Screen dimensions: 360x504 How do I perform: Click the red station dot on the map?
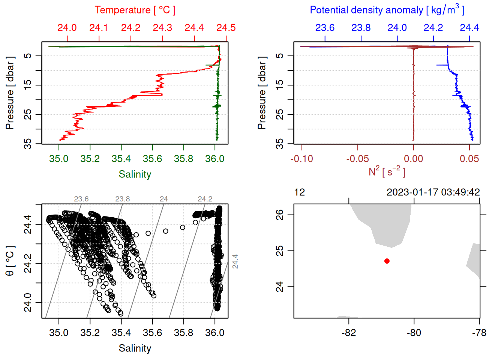click(x=387, y=261)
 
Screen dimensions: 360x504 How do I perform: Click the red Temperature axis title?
click(x=135, y=10)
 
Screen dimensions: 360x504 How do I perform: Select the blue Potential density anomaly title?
click(x=387, y=10)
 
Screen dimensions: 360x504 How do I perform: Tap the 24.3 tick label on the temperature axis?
click(x=162, y=28)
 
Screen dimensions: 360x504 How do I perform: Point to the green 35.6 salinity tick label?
click(x=152, y=159)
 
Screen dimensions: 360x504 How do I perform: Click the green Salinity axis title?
click(x=135, y=174)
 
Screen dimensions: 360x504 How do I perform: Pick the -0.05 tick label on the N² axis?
click(x=357, y=159)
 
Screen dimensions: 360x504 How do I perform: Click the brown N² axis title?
click(x=387, y=172)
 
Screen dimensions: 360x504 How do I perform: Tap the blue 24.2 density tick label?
click(x=433, y=28)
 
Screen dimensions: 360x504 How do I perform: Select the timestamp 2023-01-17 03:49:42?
click(x=433, y=192)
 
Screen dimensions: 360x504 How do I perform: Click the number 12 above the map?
click(x=300, y=192)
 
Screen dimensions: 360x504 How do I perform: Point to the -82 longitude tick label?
click(x=349, y=333)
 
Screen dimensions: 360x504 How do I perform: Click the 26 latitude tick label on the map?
click(x=280, y=215)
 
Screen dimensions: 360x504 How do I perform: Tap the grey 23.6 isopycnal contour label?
click(x=81, y=199)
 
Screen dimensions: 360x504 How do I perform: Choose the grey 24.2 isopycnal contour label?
click(x=205, y=199)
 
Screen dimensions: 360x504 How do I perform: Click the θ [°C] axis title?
click(x=10, y=261)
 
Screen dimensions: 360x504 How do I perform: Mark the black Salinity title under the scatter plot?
click(x=135, y=348)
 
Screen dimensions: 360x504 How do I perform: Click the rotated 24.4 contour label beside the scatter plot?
click(x=235, y=261)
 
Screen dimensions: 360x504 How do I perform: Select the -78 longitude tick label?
click(x=479, y=333)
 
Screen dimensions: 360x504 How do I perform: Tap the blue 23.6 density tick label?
click(x=325, y=28)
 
